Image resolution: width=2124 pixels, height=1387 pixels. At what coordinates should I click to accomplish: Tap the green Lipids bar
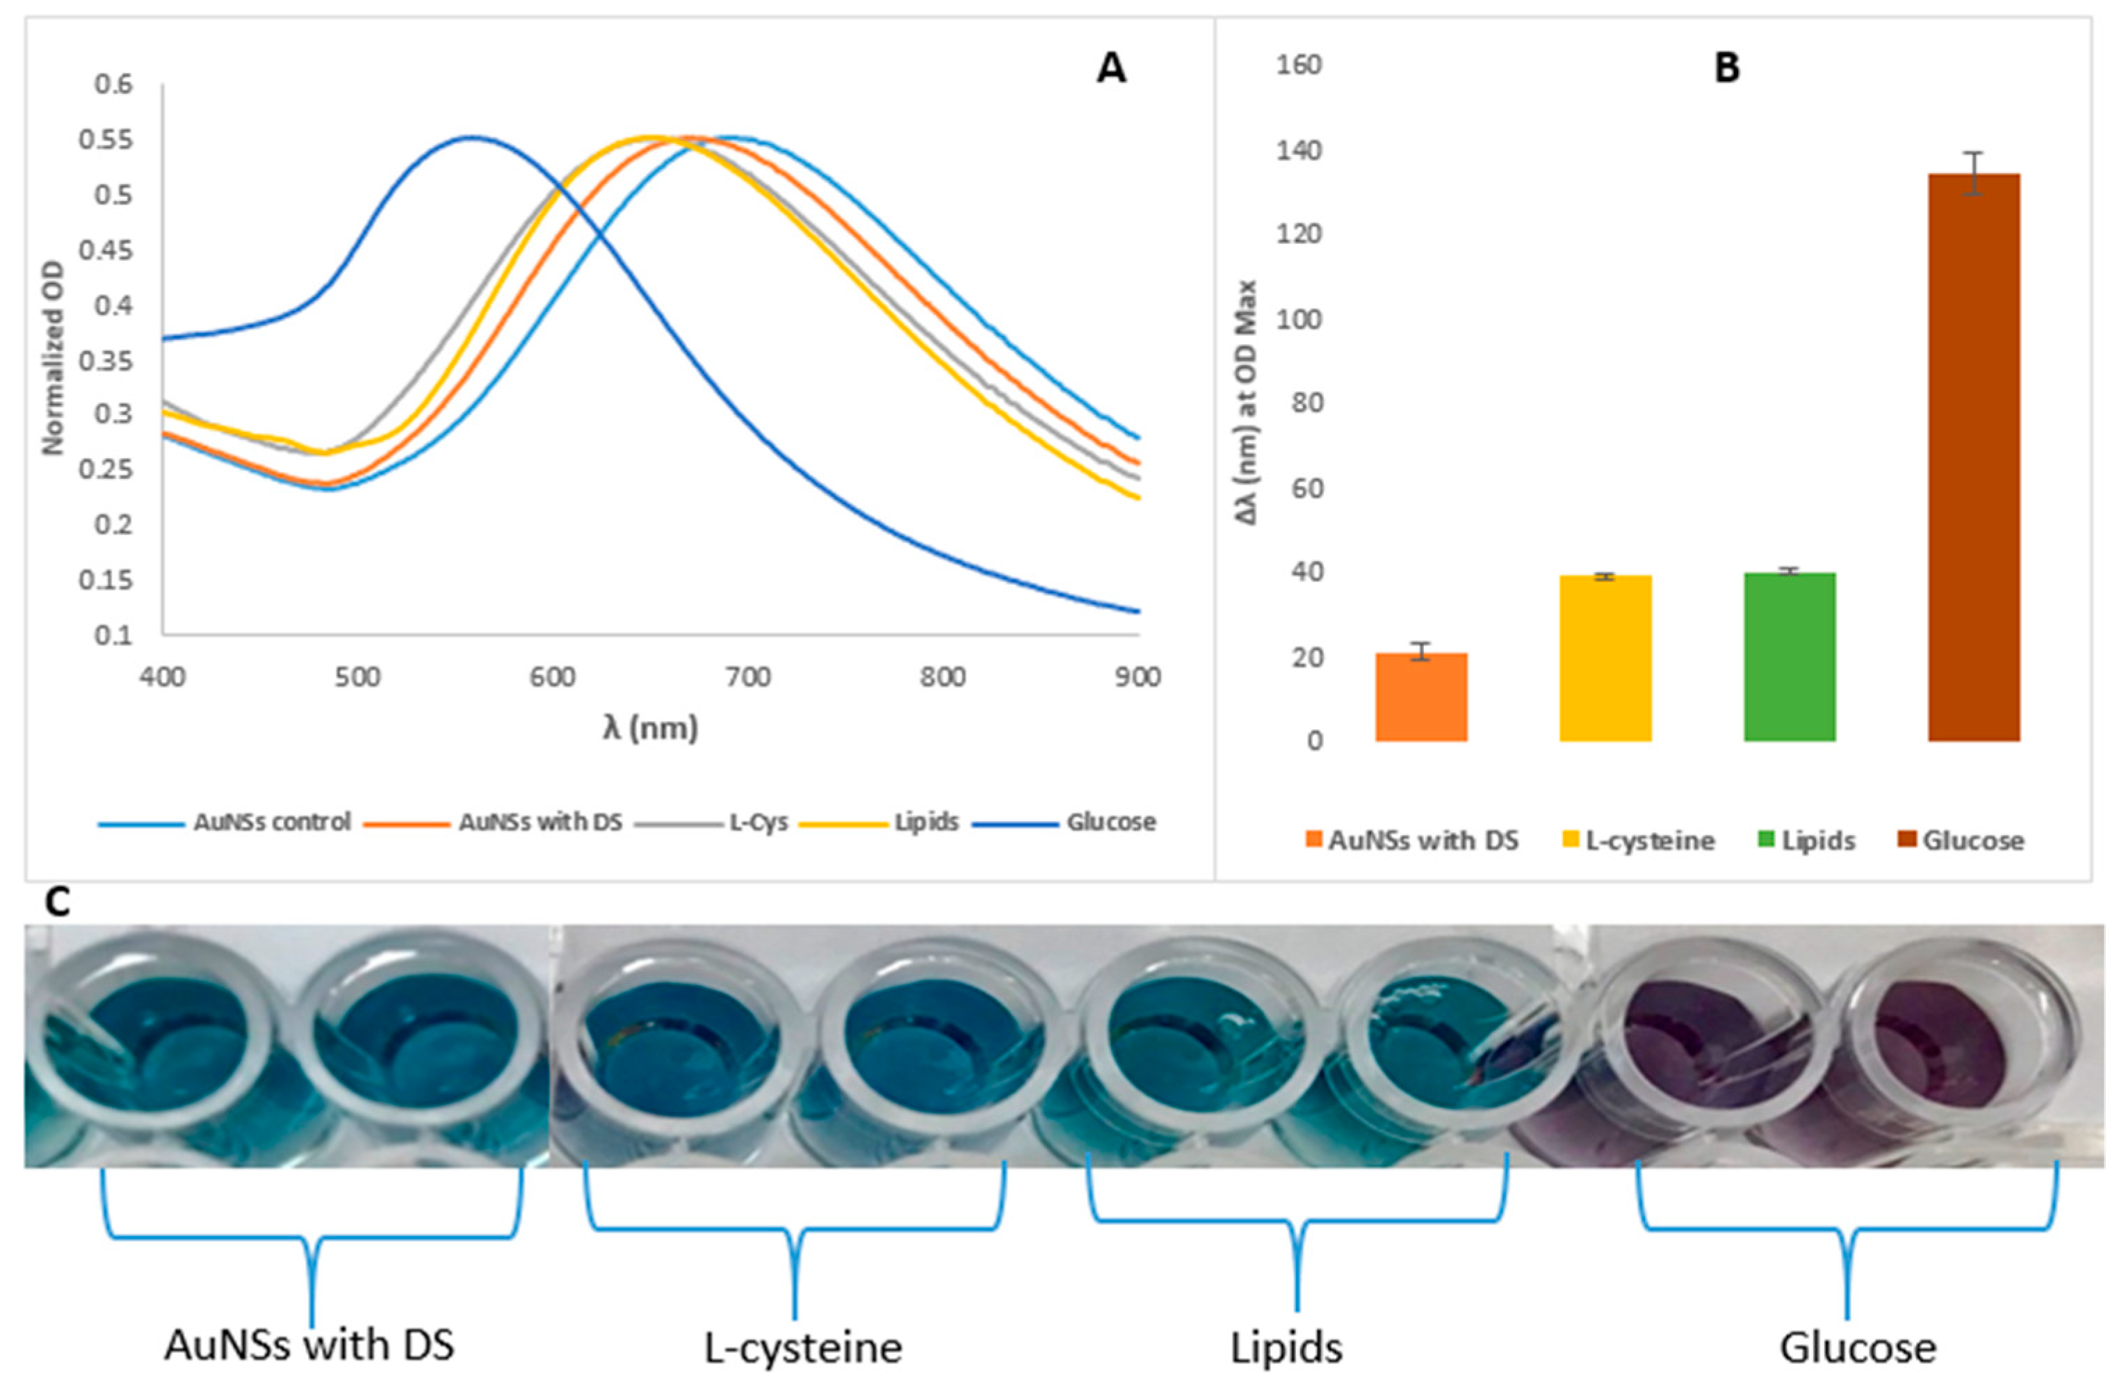(1790, 657)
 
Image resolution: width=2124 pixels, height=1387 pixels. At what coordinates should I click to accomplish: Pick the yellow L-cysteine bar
(1605, 658)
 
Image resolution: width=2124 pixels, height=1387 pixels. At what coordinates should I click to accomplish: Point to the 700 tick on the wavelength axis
(747, 677)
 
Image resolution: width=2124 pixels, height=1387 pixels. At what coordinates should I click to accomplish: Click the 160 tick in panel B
(1299, 65)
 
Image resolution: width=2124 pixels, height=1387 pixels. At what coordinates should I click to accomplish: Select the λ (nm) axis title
(649, 729)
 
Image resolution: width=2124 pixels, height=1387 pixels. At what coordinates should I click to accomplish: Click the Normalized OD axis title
(54, 357)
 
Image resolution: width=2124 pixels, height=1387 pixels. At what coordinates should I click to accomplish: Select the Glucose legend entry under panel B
(1963, 841)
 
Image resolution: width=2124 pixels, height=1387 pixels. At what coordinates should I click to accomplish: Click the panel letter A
(1110, 69)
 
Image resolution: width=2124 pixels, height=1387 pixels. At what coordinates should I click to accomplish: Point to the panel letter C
(57, 903)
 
